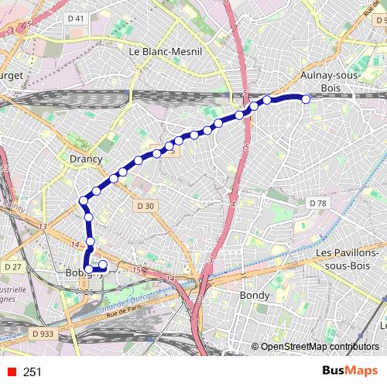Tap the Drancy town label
(x=86, y=159)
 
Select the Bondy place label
(x=255, y=296)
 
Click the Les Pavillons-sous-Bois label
(x=348, y=259)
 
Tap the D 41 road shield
(x=76, y=18)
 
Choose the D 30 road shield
(x=146, y=206)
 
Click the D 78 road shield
(x=317, y=203)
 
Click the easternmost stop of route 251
(x=306, y=99)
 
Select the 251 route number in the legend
(x=33, y=372)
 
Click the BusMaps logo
(x=350, y=372)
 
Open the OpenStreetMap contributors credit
(x=319, y=347)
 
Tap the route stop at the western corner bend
(x=84, y=202)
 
